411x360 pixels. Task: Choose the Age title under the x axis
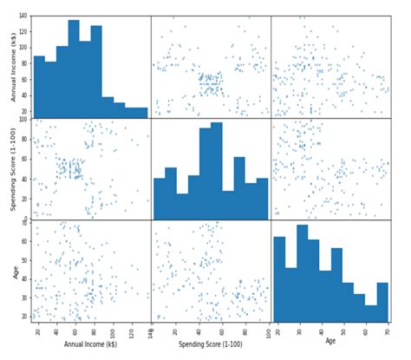click(330, 342)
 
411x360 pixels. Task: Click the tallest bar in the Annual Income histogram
click(73, 69)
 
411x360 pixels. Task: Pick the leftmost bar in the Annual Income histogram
click(39, 87)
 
